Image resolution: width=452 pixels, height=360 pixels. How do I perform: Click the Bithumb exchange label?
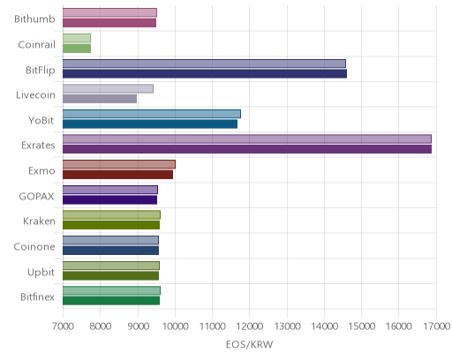34,19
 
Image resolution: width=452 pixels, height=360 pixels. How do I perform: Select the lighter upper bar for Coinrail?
77,38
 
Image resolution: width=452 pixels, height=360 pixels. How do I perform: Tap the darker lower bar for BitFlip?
205,73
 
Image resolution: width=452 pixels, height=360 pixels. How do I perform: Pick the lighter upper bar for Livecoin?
108,88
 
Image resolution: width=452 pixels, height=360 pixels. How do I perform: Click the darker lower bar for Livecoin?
100,99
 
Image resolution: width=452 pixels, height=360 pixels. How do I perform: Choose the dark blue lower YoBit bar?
150,124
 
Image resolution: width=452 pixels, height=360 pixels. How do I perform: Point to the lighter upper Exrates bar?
247,139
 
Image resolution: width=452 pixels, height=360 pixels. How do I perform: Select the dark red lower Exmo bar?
117,175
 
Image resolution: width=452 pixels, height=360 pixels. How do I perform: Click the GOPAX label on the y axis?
36,196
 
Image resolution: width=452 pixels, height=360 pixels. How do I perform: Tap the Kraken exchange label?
39,221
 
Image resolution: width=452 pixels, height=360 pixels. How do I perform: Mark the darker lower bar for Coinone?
110,251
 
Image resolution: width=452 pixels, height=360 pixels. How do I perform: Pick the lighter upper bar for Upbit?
111,266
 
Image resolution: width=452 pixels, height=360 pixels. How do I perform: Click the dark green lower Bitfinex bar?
111,301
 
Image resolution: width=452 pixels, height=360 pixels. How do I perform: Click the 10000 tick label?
175,326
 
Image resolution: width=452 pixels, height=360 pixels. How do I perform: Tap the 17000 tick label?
437,326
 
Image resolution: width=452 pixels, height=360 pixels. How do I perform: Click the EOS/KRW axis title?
250,344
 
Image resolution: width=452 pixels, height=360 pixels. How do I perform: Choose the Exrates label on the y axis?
38,146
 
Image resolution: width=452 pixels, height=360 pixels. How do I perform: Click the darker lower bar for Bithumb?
109,23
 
